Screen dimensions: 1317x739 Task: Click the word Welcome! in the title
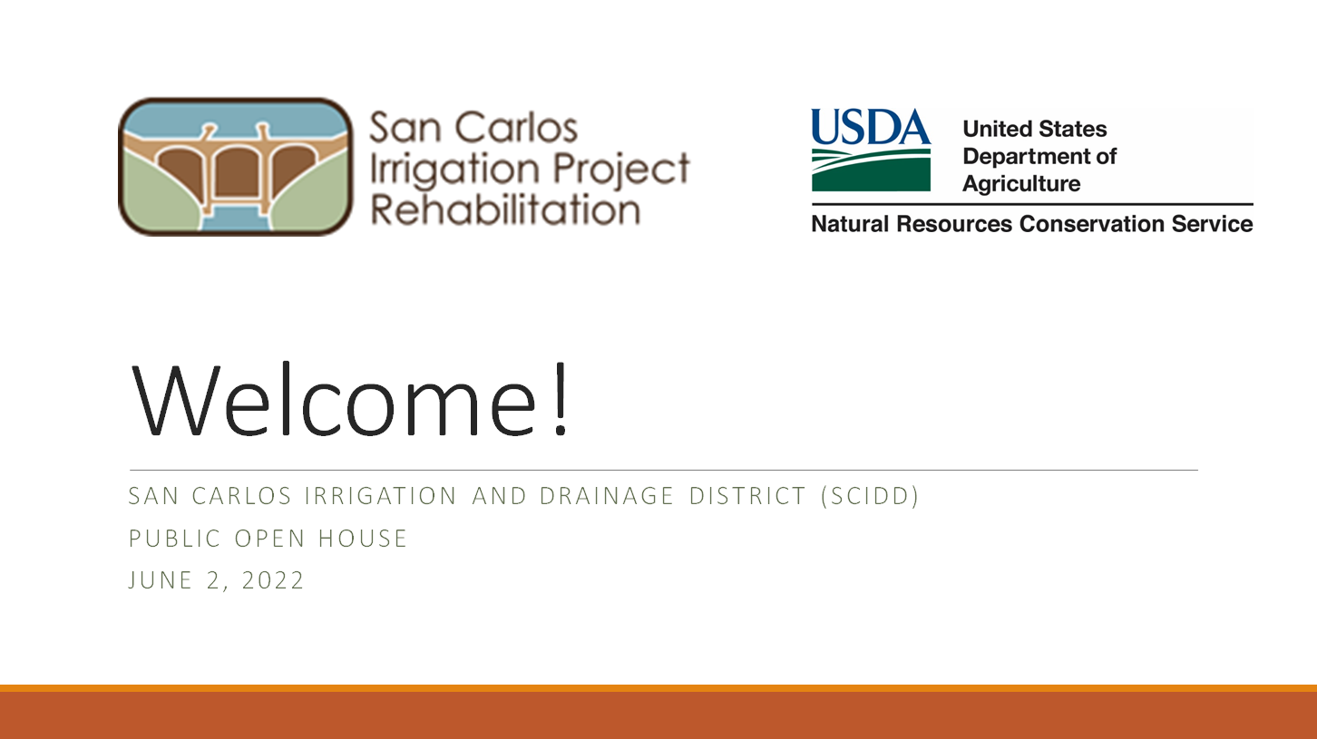(x=350, y=399)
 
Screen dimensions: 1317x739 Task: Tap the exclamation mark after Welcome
(x=561, y=399)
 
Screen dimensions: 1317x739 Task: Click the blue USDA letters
(x=871, y=126)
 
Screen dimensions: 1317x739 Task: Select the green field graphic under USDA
(x=871, y=170)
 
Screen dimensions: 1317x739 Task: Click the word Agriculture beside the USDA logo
(x=1021, y=184)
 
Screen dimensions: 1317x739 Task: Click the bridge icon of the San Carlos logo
(x=235, y=167)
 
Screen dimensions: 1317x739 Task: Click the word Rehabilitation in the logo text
(x=505, y=209)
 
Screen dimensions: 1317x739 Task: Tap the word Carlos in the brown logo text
(x=515, y=128)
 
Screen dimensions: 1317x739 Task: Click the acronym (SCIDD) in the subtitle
(x=870, y=496)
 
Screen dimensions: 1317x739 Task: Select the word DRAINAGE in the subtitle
(x=606, y=496)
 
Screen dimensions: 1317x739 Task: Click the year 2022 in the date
(x=273, y=580)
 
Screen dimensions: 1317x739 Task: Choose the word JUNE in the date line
(x=160, y=580)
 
